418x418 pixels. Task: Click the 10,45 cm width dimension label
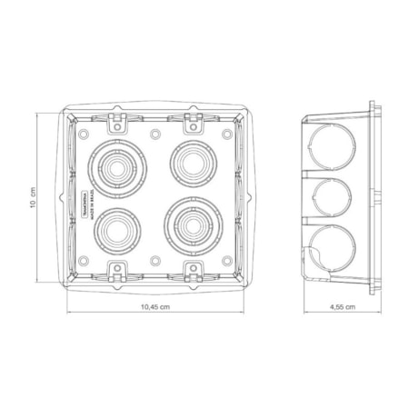pos(155,307)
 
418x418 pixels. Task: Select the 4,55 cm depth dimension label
pos(342,307)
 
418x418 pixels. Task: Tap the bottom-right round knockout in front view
pos(192,223)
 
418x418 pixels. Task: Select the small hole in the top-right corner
pos(226,134)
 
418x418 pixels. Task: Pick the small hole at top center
pos(155,134)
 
